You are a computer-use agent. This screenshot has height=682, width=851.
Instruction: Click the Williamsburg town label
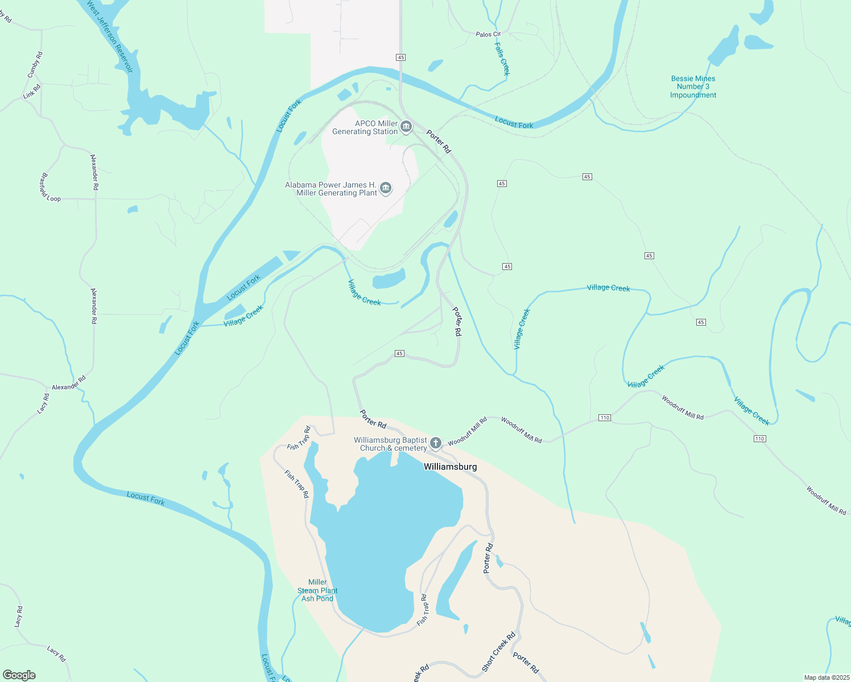tap(450, 467)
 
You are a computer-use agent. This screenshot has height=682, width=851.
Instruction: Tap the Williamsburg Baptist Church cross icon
tap(436, 443)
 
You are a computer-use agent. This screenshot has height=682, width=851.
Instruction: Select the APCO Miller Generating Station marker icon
tap(406, 127)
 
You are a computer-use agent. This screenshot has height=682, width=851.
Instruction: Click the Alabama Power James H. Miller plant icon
tap(386, 188)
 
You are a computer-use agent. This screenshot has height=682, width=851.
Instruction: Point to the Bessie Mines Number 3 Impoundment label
tap(693, 87)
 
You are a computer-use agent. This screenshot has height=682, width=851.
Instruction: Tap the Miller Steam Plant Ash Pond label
tap(317, 590)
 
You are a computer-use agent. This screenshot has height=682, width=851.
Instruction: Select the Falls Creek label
tap(502, 59)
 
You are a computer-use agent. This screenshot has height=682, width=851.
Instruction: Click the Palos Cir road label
tap(488, 35)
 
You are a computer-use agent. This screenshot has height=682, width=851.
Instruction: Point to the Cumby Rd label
tap(35, 65)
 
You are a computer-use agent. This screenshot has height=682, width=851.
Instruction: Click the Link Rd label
tap(32, 92)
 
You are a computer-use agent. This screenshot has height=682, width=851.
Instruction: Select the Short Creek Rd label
tap(498, 651)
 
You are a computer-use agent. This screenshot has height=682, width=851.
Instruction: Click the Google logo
tap(19, 675)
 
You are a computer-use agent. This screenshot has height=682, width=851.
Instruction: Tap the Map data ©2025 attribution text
tap(826, 677)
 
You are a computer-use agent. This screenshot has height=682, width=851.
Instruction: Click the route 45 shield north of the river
tap(401, 57)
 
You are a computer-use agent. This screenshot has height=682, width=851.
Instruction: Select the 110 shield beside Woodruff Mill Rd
tap(604, 418)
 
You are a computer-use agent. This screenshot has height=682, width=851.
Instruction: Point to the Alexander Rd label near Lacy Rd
tap(68, 383)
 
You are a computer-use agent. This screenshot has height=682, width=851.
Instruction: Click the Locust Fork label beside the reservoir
tap(288, 117)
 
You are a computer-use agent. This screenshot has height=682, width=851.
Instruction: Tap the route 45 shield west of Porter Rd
tap(399, 354)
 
